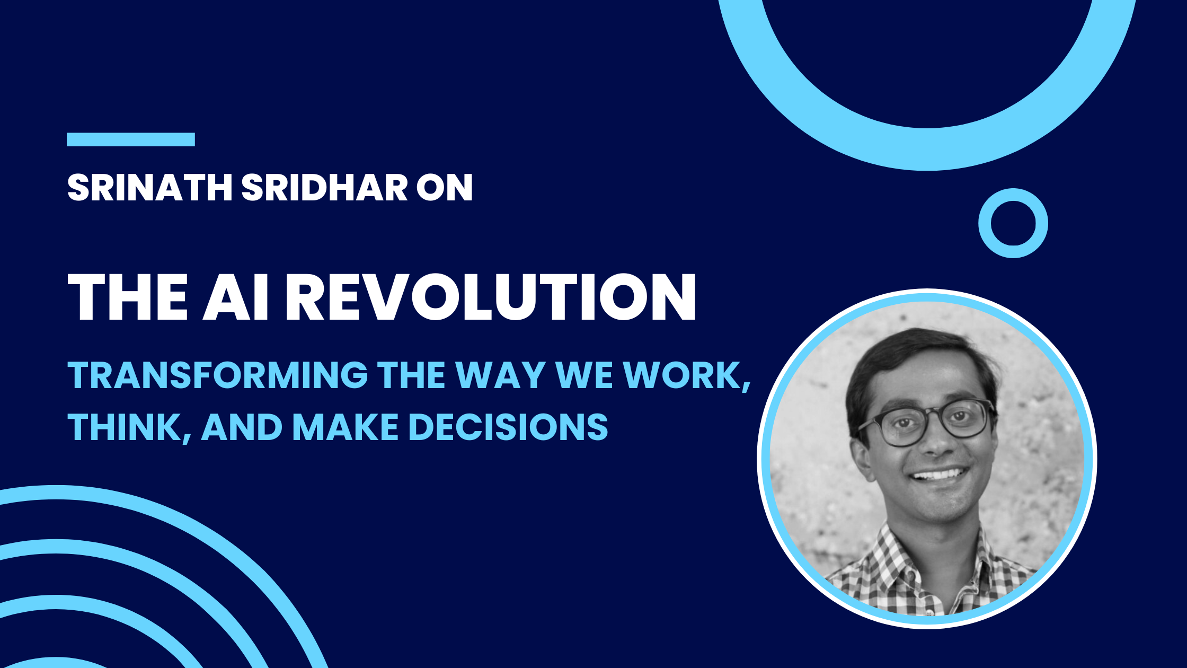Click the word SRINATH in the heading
[150, 187]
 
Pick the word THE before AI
[128, 297]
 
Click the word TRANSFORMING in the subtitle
[218, 375]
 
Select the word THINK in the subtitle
[125, 427]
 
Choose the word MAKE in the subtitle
[346, 427]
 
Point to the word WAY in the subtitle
[501, 375]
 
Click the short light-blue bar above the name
[131, 139]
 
